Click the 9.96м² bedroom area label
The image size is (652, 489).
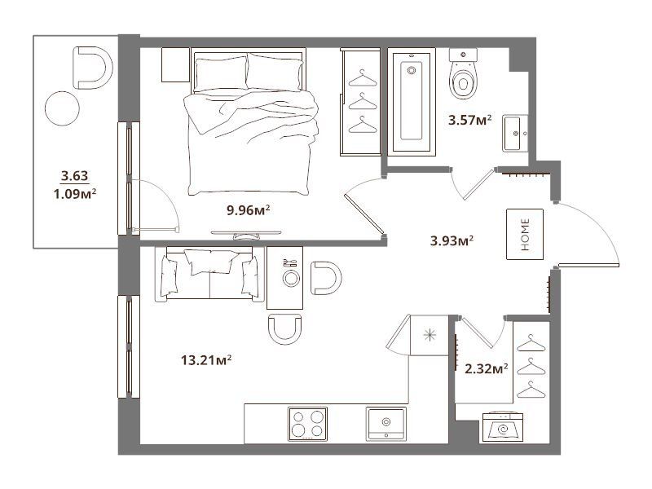click(x=249, y=210)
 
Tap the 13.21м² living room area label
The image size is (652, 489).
click(x=206, y=359)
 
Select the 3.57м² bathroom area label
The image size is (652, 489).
click(x=470, y=120)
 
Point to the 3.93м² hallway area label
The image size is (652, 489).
click(x=452, y=240)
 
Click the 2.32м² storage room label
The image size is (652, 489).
click(x=486, y=368)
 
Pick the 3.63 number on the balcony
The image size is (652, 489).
click(x=75, y=175)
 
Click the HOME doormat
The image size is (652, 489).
click(x=525, y=234)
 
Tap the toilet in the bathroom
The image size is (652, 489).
click(x=463, y=73)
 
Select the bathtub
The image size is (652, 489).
click(x=412, y=103)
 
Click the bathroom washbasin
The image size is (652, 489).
click(x=515, y=134)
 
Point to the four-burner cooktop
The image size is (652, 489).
click(x=308, y=424)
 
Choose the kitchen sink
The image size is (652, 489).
click(x=386, y=424)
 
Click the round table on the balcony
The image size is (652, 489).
click(x=62, y=108)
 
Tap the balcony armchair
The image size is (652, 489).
click(x=92, y=68)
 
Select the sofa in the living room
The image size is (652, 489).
click(x=209, y=274)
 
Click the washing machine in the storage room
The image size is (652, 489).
click(x=503, y=426)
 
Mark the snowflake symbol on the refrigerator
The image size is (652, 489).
click(x=430, y=335)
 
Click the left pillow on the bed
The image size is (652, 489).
click(x=221, y=74)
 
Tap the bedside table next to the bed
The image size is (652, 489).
click(x=175, y=65)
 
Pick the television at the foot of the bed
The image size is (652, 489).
click(x=246, y=235)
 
